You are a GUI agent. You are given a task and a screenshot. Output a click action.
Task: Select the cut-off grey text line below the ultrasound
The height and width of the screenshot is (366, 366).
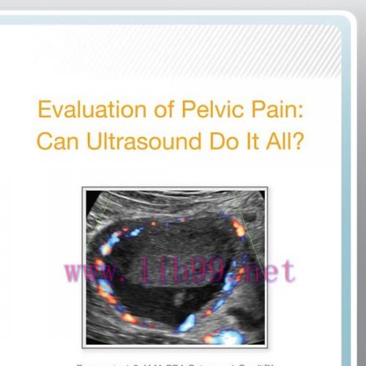(183, 362)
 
